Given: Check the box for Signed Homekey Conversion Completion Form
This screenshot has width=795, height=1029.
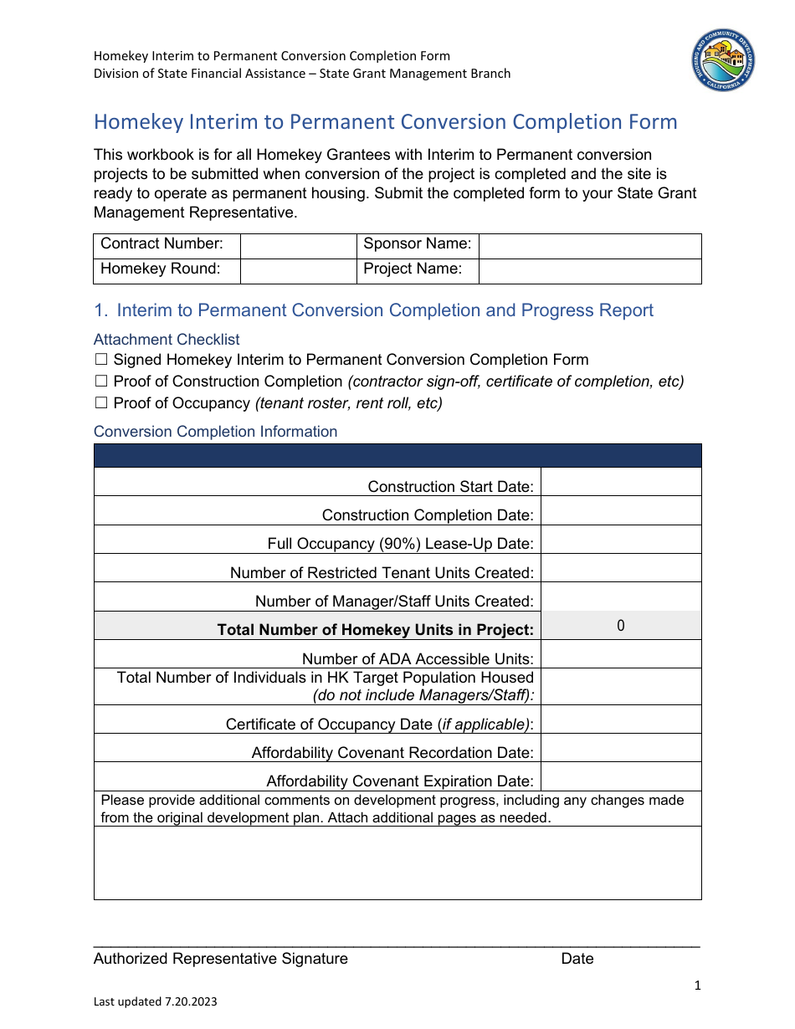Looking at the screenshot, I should point(101,360).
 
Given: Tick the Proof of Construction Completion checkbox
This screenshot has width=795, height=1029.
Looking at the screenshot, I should point(101,381).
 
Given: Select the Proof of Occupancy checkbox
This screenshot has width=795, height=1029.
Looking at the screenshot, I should point(101,403).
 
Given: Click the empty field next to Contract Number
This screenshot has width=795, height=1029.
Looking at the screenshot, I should point(298,246).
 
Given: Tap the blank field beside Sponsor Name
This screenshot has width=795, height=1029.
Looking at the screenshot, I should point(589,246).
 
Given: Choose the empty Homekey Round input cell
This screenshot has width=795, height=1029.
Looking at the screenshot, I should point(298,271).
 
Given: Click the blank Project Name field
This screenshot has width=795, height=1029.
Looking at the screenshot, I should point(589,271).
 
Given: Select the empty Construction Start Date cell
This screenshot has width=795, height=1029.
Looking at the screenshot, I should point(620,482).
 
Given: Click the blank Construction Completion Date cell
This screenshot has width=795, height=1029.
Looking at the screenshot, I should point(620,511).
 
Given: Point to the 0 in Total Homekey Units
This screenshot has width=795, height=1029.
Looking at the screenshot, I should point(620,626).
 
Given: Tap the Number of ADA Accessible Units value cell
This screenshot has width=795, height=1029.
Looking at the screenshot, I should point(620,654).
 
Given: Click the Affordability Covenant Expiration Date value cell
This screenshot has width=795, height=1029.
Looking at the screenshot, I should point(620,776).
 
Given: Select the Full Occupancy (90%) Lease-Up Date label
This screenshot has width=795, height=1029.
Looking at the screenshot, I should point(400,544).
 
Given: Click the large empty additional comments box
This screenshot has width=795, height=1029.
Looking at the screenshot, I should point(397,863).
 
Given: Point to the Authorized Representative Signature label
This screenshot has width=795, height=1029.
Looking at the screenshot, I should point(221,959).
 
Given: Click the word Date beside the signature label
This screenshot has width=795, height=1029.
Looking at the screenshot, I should point(577,959).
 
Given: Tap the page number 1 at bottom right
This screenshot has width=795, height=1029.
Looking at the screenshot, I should point(697,986).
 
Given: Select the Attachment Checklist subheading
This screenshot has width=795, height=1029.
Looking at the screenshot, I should point(167,340).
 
